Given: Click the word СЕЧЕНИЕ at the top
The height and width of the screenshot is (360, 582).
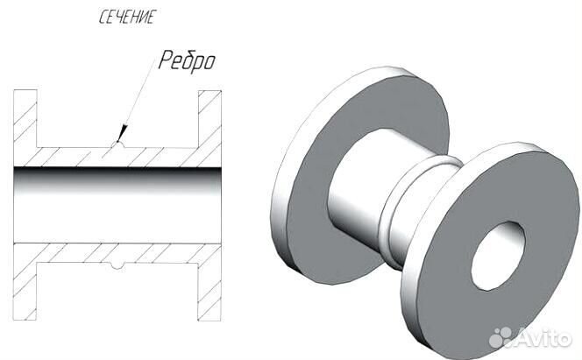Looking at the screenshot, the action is pos(126,18).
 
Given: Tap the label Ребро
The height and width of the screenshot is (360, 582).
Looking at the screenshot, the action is pos(187,60).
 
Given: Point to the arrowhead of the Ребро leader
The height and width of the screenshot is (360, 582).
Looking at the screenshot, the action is pos(122,133).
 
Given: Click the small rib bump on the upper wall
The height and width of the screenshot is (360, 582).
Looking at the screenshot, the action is pos(118,145).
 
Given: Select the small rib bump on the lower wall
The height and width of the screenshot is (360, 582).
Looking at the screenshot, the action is pos(118,265).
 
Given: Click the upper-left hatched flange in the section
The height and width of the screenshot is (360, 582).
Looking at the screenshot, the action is pos(25,118).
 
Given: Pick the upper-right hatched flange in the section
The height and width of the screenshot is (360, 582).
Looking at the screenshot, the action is pos(209,118).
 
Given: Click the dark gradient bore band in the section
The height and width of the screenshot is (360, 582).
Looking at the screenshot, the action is pos(117,180).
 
